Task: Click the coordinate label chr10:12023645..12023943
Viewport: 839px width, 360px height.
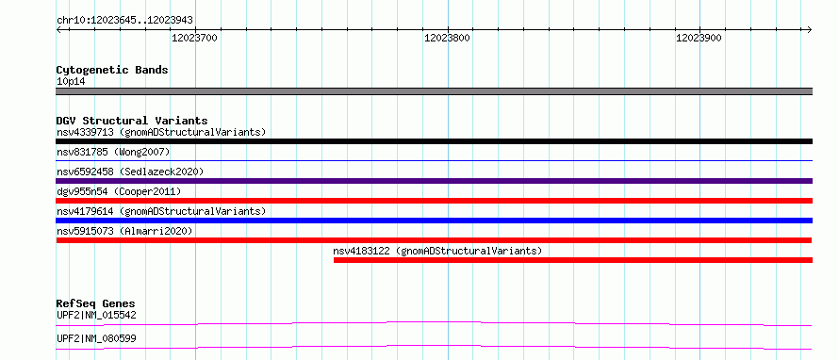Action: coord(124,21)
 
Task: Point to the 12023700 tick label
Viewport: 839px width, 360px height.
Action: coord(195,38)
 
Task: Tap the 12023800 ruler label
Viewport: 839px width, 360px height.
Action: coord(448,38)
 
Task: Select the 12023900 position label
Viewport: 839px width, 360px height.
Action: coord(699,38)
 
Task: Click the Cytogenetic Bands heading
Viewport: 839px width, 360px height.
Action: coord(112,70)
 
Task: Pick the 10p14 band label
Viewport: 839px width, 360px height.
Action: coord(71,82)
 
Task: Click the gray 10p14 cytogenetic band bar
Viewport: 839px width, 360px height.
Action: coord(434,91)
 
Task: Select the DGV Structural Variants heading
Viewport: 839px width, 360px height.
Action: coord(132,121)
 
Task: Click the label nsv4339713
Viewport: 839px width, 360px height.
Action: coord(85,132)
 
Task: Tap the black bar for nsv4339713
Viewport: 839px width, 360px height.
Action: coord(434,141)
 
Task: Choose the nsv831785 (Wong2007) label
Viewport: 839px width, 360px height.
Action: coord(113,152)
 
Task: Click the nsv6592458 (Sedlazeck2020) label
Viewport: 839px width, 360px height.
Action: coord(130,172)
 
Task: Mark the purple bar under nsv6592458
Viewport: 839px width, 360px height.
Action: coord(434,181)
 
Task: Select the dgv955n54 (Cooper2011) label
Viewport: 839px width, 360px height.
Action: coord(119,191)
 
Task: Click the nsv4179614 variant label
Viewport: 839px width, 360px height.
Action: coord(85,211)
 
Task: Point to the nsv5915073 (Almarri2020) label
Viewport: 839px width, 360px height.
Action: coord(124,231)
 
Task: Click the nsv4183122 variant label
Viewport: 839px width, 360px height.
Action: coord(362,251)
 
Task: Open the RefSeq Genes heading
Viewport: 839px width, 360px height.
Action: coord(96,303)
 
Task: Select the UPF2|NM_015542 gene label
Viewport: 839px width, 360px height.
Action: coord(96,315)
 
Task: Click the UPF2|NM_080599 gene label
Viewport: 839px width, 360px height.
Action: coord(96,338)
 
